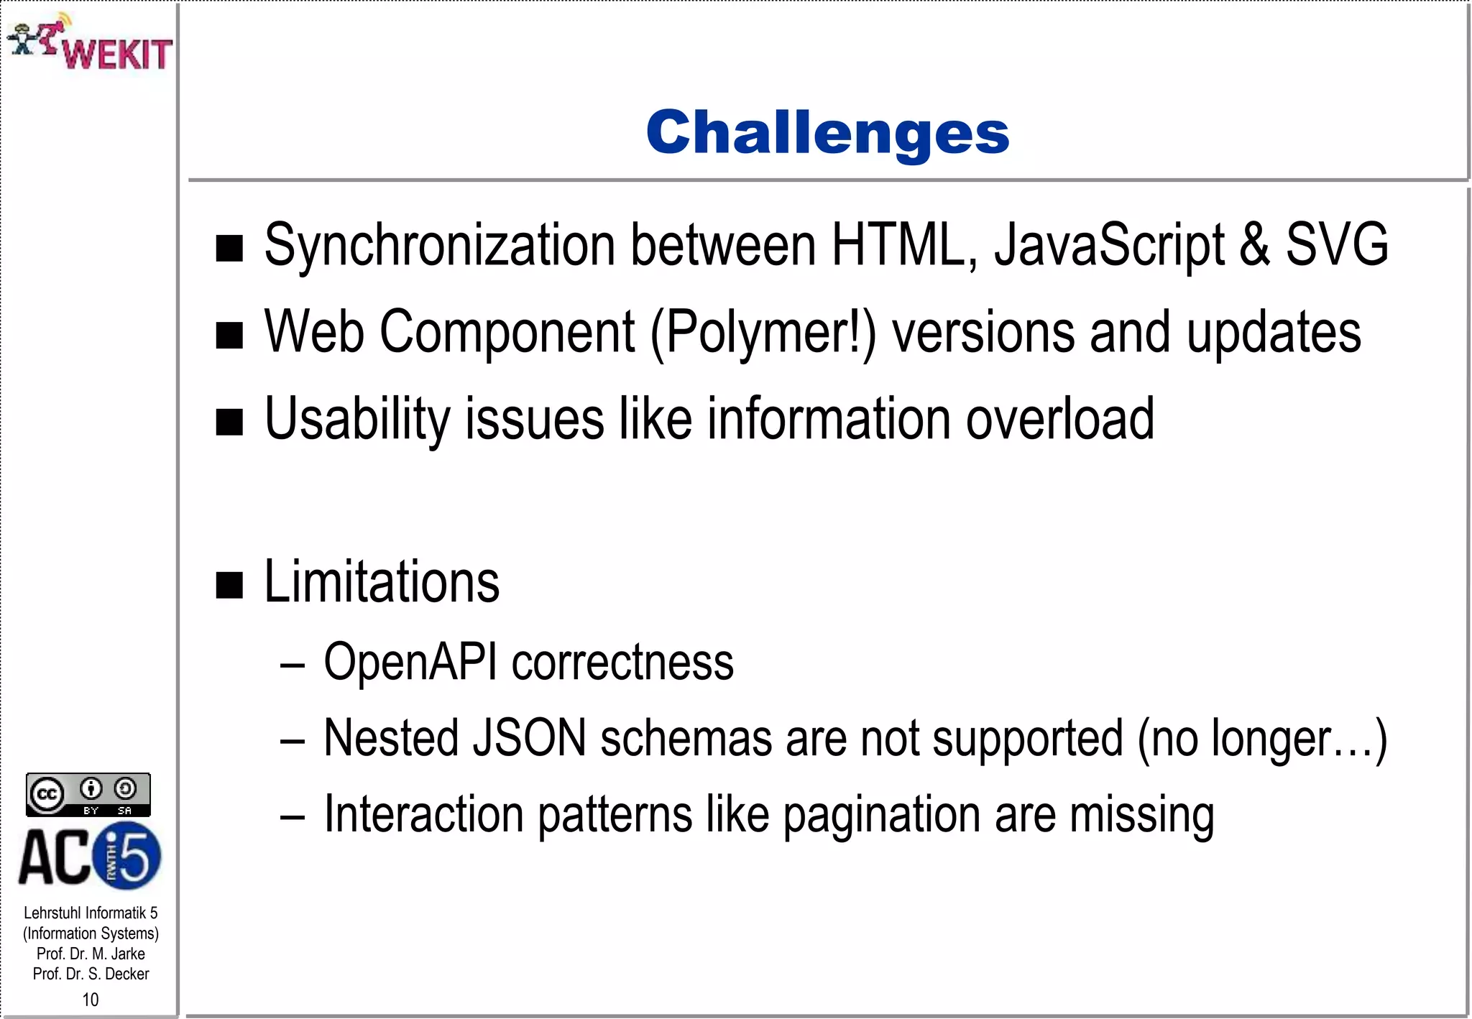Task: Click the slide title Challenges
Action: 827,133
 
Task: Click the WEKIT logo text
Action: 117,54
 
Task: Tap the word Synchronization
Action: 439,246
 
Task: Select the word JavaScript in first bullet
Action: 1109,246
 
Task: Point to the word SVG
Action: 1336,246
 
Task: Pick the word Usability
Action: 356,420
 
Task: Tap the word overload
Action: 1059,420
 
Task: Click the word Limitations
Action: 382,582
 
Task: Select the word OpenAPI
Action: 410,662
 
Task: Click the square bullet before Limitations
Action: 229,585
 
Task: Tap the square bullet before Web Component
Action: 229,336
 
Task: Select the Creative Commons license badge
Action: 88,794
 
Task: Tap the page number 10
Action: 91,1000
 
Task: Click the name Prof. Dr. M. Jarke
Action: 91,954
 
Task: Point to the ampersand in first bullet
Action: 1254,246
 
